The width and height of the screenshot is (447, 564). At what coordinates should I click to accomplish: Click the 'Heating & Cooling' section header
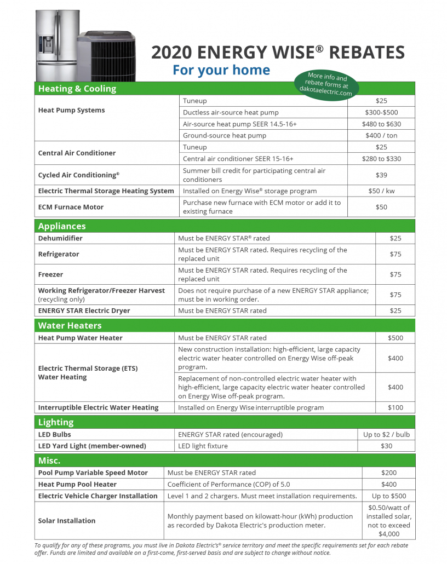pos(77,89)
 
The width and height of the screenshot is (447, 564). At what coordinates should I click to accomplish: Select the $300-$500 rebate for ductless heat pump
pos(381,112)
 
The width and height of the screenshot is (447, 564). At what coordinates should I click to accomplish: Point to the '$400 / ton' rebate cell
pos(381,135)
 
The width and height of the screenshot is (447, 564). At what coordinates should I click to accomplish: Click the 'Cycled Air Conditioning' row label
pos(78,175)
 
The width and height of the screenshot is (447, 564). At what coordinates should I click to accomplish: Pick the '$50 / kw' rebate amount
pos(381,191)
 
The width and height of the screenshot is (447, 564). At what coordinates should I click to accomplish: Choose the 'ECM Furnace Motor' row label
pos(71,207)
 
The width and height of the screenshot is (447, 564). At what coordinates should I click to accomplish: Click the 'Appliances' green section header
pos(62,226)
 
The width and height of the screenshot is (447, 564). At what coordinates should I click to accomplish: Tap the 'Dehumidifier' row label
pos(60,238)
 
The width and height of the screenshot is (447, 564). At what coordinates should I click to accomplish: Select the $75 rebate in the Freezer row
pos(395,274)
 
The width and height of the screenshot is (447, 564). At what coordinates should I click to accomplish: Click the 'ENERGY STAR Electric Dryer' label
pos(84,310)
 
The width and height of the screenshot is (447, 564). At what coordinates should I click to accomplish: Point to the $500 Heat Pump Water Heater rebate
pos(395,338)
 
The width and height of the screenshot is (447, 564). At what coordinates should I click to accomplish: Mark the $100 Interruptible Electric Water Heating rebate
pos(395,407)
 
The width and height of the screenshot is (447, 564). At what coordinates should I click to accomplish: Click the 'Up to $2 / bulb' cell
pos(386,434)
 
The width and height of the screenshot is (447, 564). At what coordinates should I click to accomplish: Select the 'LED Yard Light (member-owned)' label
pos(92,446)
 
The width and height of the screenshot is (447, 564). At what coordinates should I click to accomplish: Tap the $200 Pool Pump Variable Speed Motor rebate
pos(389,473)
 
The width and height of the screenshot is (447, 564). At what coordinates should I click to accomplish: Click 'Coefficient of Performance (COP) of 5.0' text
pos(228,484)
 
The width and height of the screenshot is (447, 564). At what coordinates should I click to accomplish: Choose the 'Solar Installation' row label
pos(67,521)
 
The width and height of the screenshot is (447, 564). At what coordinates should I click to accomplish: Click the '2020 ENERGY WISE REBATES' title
pos(278,53)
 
